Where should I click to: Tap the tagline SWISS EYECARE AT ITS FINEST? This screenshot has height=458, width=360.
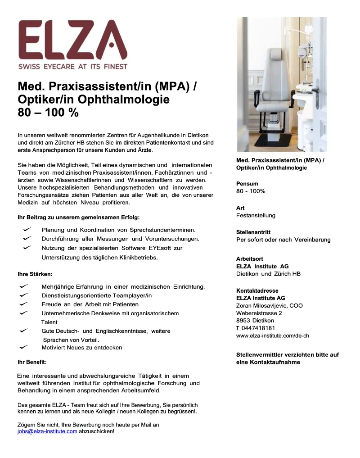click(72, 67)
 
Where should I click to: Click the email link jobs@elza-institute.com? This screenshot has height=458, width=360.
click(47, 431)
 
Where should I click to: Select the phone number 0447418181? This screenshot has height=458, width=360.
click(258, 328)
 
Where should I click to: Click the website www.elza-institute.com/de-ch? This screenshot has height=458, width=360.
click(272, 336)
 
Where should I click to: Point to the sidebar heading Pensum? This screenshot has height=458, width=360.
click(247, 184)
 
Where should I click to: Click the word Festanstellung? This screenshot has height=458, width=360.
click(256, 215)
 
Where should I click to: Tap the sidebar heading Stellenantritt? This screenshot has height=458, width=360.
click(253, 232)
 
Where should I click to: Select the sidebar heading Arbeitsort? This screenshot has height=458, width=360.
click(250, 259)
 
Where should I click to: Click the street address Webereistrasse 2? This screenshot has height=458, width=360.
click(259, 313)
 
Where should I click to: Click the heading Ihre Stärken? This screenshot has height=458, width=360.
click(35, 274)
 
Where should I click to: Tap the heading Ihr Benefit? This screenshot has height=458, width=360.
click(32, 362)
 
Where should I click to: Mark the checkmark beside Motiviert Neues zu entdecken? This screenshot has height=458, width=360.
click(24, 347)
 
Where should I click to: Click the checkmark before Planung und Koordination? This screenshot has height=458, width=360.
click(27, 230)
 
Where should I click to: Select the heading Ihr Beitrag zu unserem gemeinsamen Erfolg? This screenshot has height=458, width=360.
click(78, 218)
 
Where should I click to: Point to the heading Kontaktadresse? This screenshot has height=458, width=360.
click(257, 290)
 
